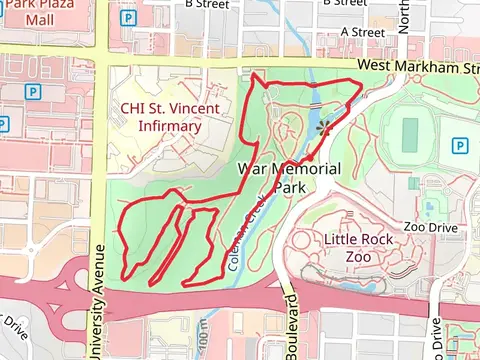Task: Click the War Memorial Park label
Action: tap(290, 178)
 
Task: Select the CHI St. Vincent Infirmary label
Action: tap(161, 117)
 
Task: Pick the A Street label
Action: tap(362, 32)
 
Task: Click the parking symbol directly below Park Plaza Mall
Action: tap(35, 91)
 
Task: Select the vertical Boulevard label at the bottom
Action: tap(290, 325)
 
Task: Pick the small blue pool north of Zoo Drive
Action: tap(430, 208)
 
